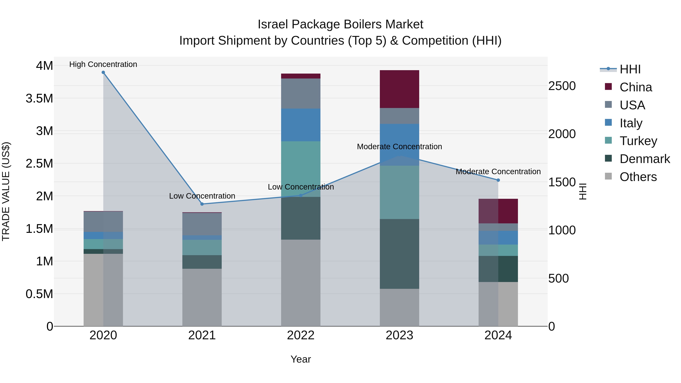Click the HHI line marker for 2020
[x=103, y=72]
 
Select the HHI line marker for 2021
[x=202, y=204]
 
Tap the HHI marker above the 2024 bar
[x=498, y=180]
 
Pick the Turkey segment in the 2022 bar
[x=301, y=169]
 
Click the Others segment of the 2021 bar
[x=202, y=297]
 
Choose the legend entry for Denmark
[x=644, y=159]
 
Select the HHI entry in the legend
[x=630, y=69]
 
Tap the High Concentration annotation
[x=103, y=64]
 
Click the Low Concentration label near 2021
[x=202, y=196]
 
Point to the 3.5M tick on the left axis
[x=39, y=98]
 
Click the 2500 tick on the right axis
[x=562, y=86]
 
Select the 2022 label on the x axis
[x=301, y=335]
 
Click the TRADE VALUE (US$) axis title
[x=6, y=191]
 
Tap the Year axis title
[x=301, y=359]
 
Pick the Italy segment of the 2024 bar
[x=498, y=238]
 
